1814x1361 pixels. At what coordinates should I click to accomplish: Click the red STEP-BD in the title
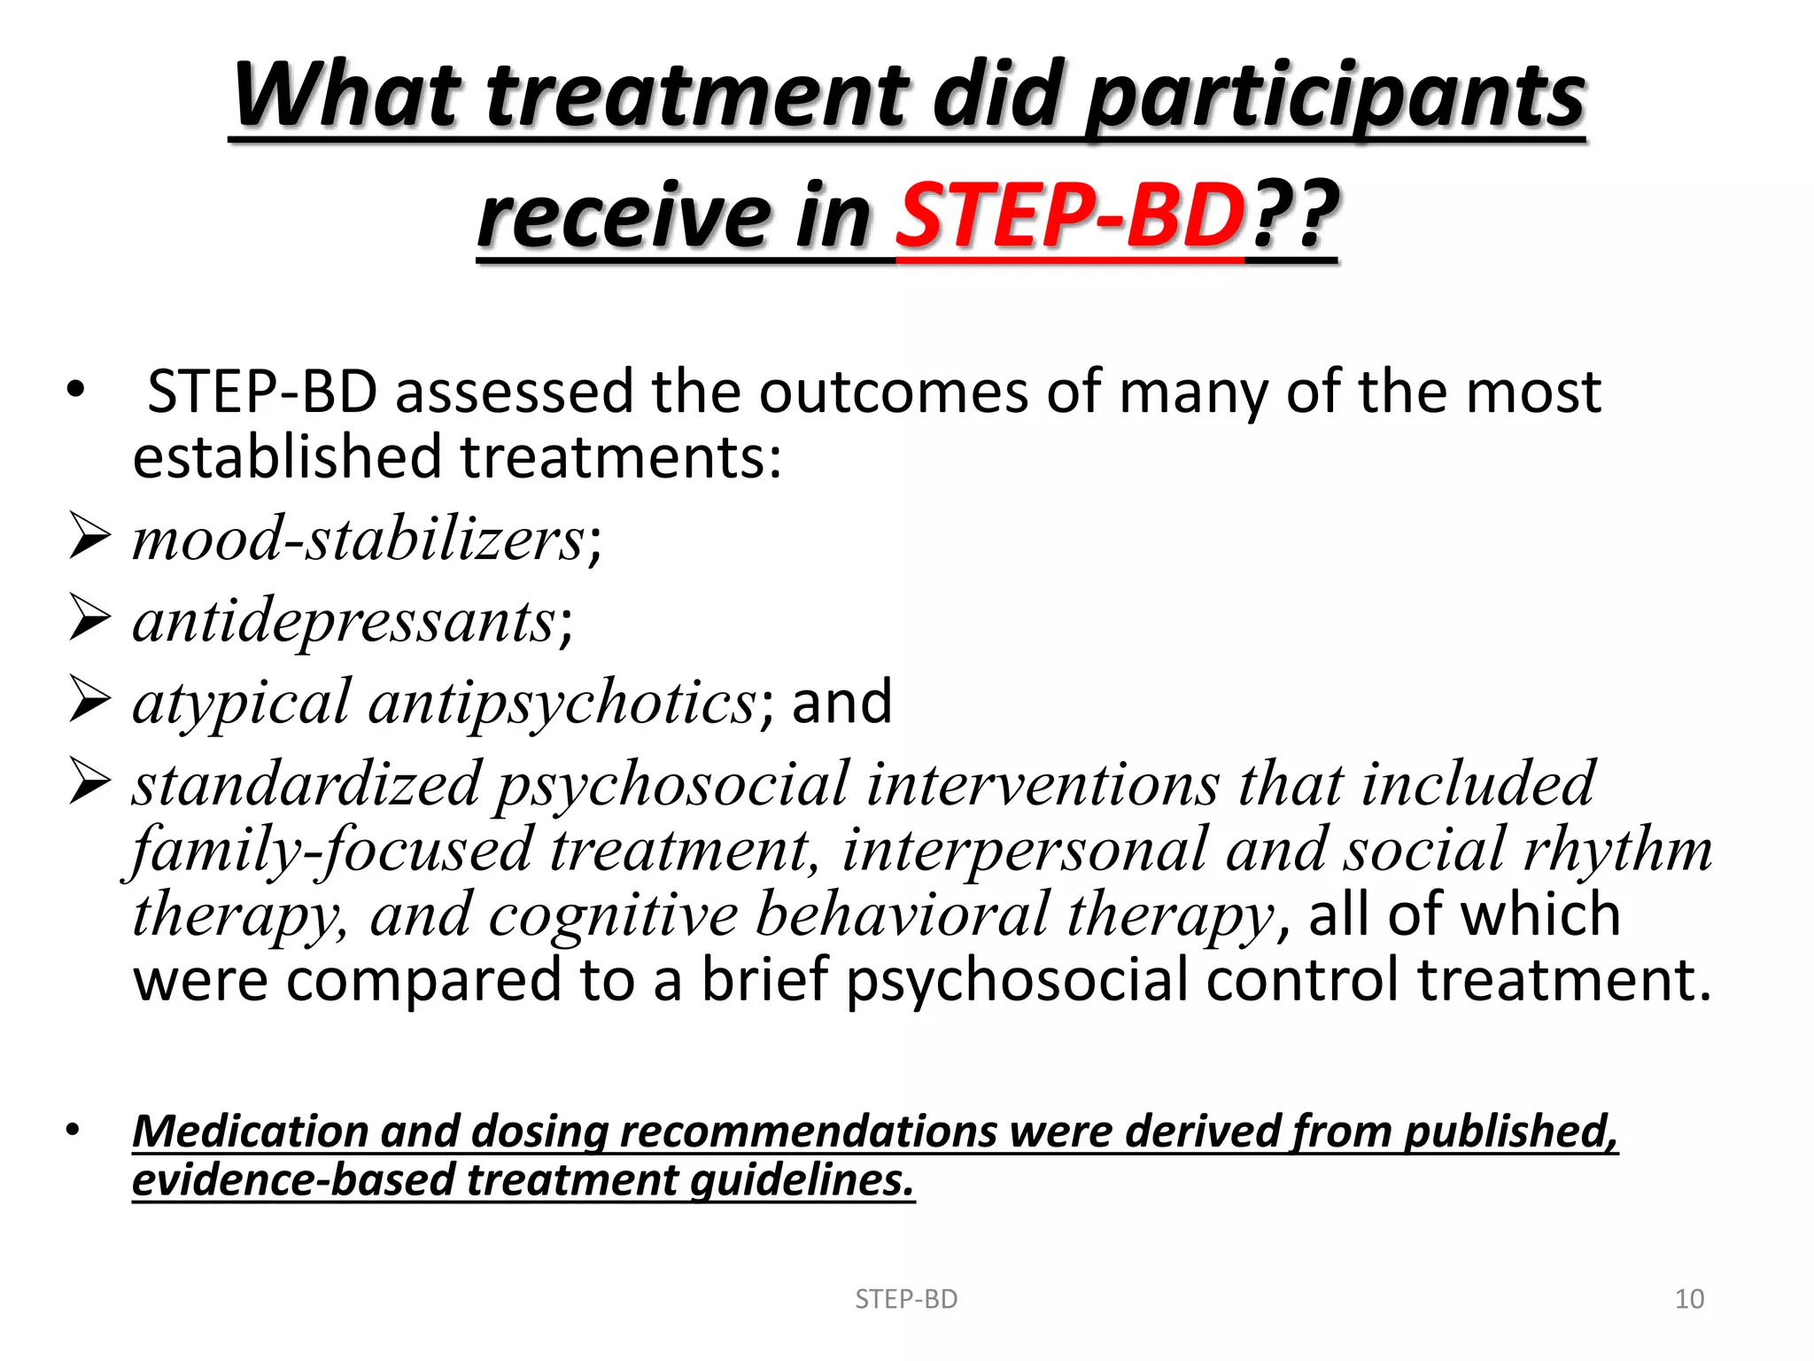[1070, 215]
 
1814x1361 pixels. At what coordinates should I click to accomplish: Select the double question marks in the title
[1293, 215]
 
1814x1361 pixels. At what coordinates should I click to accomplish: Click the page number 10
[1689, 1299]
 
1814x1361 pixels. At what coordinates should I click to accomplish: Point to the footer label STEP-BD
[906, 1299]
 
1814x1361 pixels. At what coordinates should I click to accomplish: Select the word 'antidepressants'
[344, 620]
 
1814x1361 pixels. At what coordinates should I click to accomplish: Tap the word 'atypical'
[241, 702]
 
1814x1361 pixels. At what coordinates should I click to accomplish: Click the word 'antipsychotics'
[562, 702]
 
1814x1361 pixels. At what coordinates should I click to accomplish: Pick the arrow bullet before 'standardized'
[89, 783]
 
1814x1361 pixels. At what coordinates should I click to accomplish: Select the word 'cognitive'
[613, 914]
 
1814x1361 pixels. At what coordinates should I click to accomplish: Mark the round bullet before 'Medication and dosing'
[74, 1130]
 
